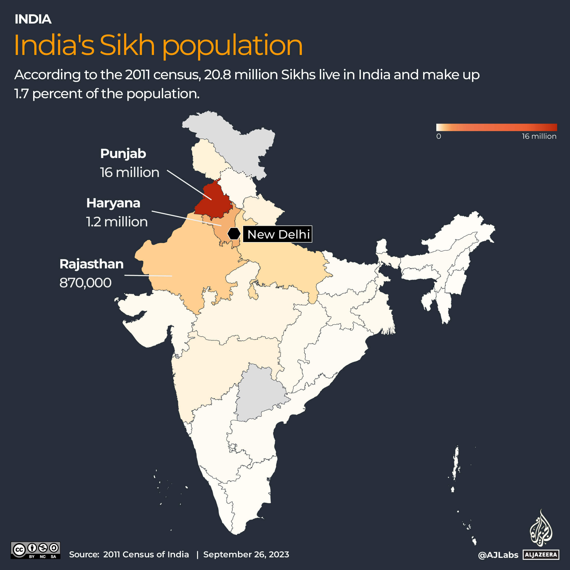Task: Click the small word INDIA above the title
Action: (x=33, y=19)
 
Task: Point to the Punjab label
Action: (x=123, y=154)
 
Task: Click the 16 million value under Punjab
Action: (x=129, y=173)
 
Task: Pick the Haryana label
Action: (x=113, y=203)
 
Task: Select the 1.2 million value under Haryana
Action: (x=117, y=222)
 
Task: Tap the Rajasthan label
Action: (x=91, y=264)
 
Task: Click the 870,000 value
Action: (x=86, y=283)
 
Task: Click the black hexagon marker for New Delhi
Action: (x=234, y=234)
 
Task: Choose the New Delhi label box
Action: (x=277, y=234)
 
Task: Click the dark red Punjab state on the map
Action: (x=212, y=201)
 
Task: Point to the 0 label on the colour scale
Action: (x=439, y=136)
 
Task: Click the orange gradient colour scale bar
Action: (x=496, y=127)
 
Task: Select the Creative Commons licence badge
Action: (x=35, y=550)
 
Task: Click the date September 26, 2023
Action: (x=246, y=554)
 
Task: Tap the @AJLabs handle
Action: (x=498, y=555)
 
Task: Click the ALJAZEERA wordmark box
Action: (x=541, y=555)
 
